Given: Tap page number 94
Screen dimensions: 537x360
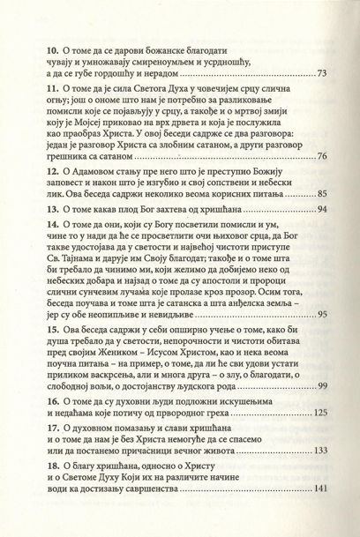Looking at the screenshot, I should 321,233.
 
